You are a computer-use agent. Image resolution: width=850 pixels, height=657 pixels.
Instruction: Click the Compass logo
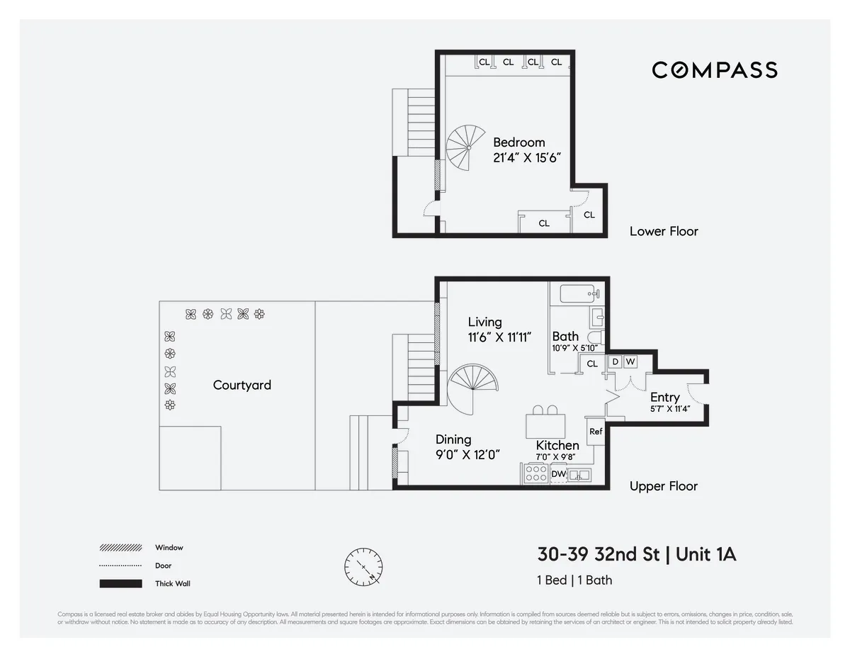coord(714,69)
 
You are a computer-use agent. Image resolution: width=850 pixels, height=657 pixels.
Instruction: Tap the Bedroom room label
coord(518,142)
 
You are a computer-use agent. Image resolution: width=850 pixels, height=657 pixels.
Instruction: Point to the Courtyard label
coord(242,386)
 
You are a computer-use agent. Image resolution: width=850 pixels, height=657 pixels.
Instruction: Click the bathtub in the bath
coord(579,293)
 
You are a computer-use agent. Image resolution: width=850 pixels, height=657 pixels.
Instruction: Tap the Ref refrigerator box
coord(595,431)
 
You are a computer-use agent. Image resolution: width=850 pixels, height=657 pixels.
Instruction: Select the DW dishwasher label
coord(558,474)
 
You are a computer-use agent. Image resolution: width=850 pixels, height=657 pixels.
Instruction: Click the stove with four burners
coord(535,473)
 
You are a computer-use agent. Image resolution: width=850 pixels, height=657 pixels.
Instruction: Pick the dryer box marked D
coord(615,362)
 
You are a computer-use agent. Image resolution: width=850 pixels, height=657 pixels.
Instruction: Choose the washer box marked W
coord(630,362)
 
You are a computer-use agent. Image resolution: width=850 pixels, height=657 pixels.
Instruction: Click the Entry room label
coord(664,397)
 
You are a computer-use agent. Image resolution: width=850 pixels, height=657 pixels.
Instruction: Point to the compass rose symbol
coord(363,567)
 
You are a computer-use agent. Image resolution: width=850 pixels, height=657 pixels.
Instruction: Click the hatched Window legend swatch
coord(120,548)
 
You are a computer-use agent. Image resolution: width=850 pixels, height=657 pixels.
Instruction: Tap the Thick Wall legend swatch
coord(120,584)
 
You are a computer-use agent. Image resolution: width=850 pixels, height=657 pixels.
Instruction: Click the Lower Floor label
coord(664,231)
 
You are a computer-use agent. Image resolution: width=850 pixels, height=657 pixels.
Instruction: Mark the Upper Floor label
coord(664,486)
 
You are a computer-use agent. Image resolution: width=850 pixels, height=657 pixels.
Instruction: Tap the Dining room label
coord(453,439)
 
